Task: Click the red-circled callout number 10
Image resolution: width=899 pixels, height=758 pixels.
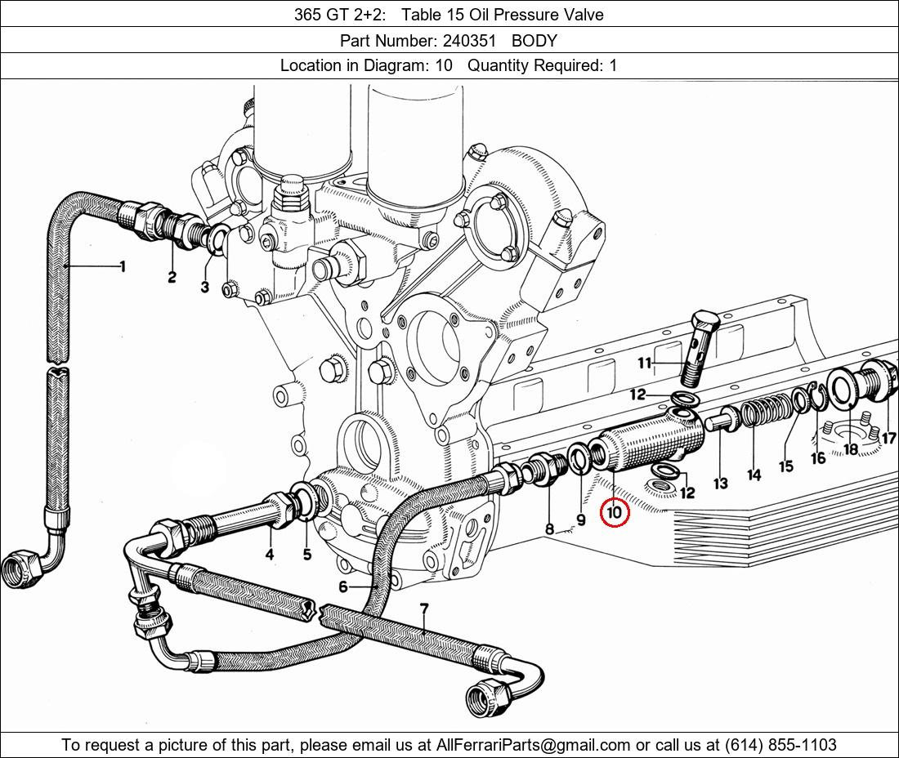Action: tap(614, 511)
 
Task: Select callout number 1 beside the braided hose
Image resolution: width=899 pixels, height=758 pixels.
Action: tap(122, 265)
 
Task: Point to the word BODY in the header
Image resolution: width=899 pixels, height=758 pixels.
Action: tap(534, 41)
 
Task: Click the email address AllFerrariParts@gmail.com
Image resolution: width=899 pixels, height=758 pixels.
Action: tap(533, 745)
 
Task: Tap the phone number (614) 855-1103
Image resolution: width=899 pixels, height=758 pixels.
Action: tap(780, 745)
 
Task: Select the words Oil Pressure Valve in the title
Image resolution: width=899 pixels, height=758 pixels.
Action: tap(536, 15)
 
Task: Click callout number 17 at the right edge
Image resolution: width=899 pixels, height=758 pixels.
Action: tap(888, 439)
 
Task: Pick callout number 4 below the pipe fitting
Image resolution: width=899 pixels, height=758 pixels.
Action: tap(270, 554)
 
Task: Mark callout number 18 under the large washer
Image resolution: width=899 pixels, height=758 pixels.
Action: tap(851, 449)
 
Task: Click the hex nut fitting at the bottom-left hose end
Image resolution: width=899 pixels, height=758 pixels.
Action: tap(22, 569)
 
